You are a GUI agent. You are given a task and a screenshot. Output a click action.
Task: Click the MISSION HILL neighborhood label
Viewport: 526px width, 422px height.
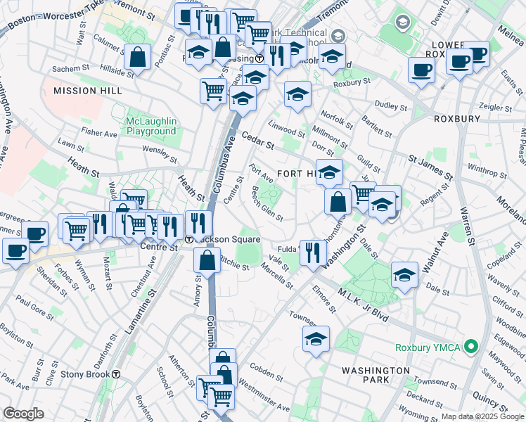click(x=88, y=91)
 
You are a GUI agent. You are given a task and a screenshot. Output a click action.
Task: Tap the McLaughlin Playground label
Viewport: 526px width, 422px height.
click(x=150, y=126)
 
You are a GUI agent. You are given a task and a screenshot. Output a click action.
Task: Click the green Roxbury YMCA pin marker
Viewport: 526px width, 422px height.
click(x=473, y=347)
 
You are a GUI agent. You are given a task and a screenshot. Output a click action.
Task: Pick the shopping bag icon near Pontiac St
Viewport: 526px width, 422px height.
click(x=138, y=58)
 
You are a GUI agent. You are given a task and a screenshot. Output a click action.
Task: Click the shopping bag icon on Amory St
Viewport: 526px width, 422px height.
click(x=207, y=261)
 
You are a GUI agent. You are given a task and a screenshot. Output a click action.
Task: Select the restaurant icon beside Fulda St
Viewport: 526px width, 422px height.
click(x=313, y=252)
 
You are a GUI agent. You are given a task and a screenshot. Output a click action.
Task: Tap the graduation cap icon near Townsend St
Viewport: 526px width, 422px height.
click(x=316, y=340)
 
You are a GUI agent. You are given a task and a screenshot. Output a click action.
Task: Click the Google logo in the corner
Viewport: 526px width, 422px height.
click(x=23, y=414)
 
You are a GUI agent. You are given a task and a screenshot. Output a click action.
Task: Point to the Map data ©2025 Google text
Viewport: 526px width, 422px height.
click(x=482, y=416)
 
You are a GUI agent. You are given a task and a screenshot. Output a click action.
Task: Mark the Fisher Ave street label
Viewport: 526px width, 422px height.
click(x=98, y=133)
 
